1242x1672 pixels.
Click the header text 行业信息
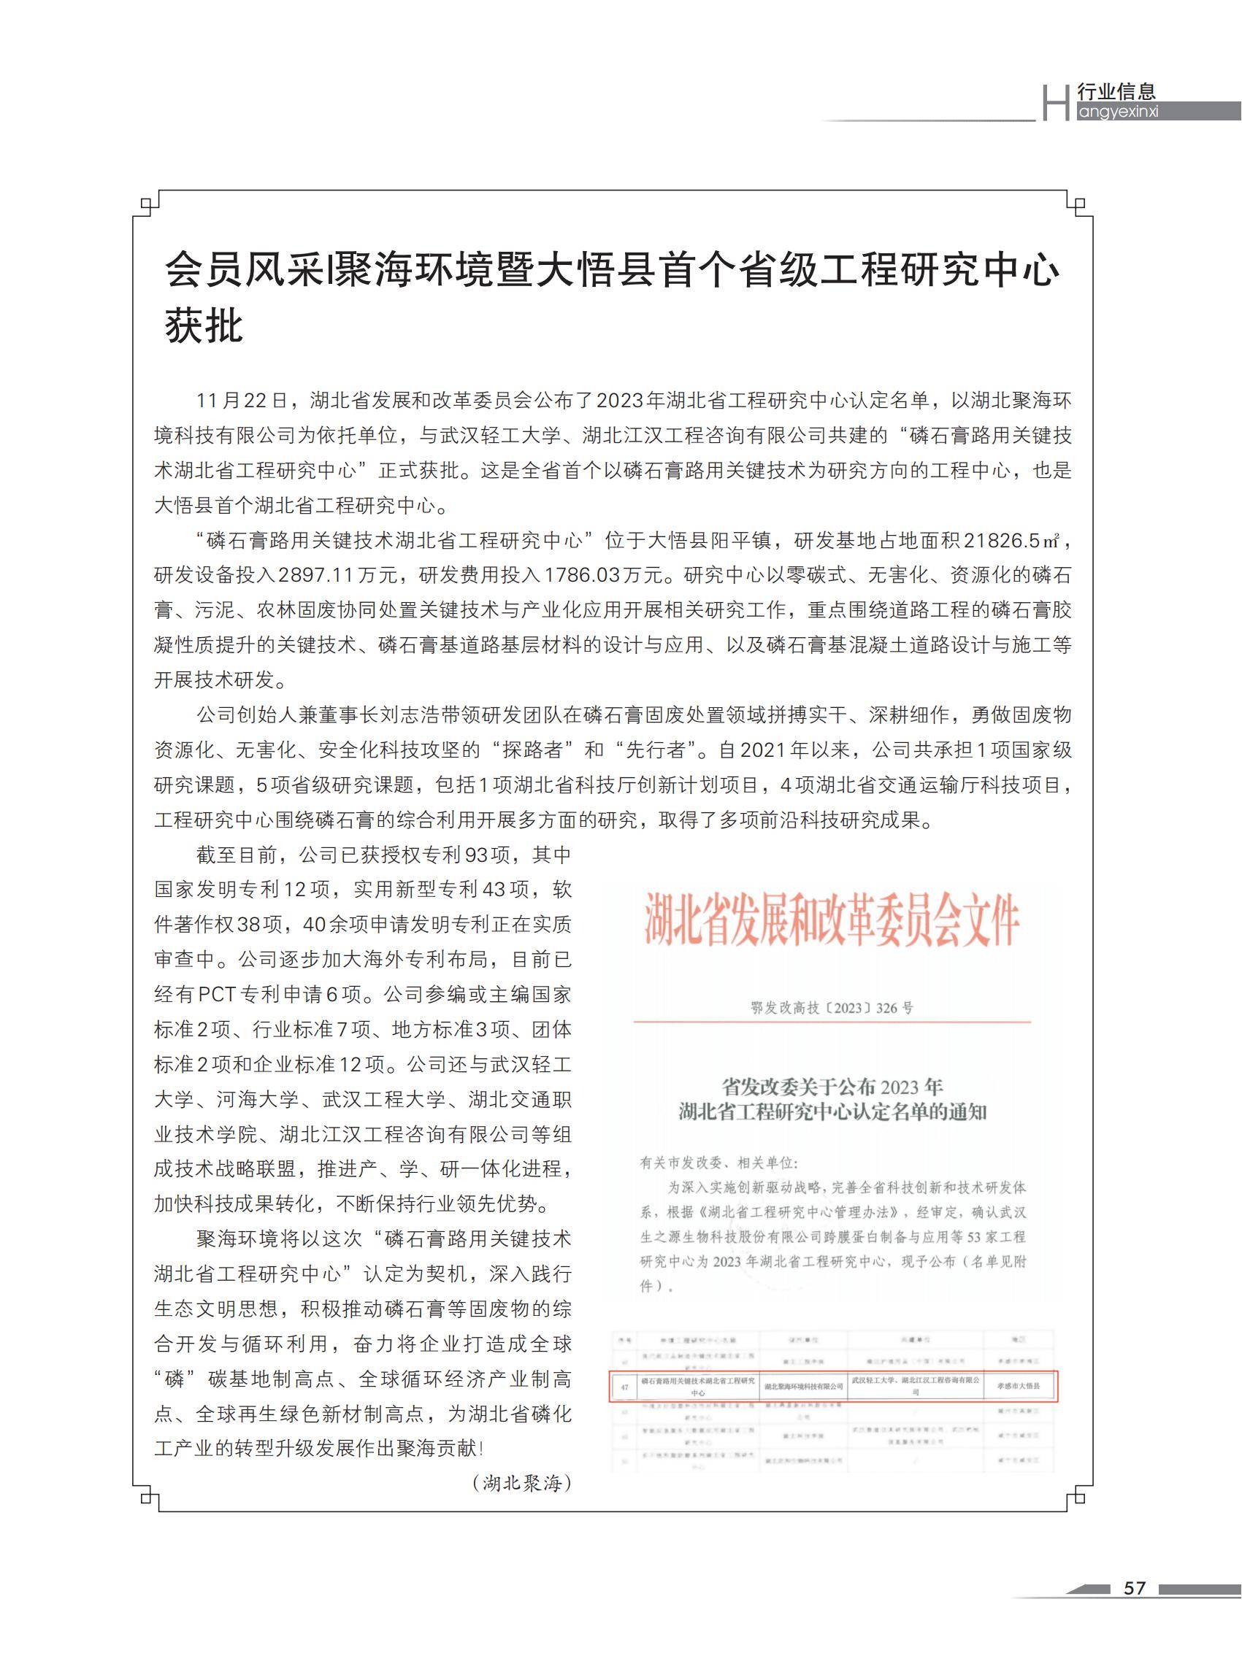point(1116,92)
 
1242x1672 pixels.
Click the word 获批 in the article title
point(204,325)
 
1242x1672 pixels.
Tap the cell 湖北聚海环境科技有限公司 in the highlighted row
point(804,1387)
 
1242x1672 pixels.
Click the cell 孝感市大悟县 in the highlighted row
point(1019,1387)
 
